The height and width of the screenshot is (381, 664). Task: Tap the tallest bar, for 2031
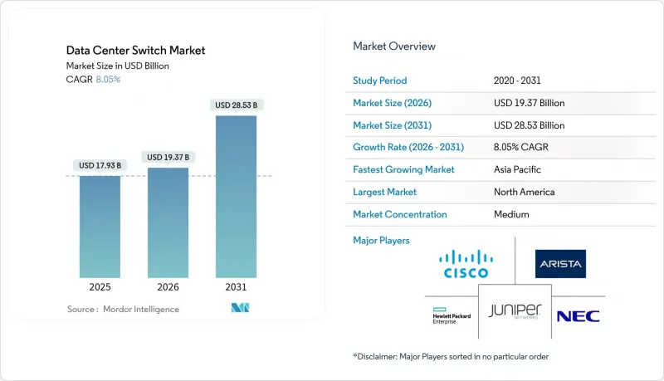(x=236, y=196)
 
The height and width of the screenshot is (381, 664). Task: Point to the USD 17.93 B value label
(x=100, y=165)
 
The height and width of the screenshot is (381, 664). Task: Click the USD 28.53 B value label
(x=236, y=105)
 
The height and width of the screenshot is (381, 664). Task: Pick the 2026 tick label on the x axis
(x=168, y=287)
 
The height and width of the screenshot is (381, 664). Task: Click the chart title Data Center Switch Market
(x=135, y=51)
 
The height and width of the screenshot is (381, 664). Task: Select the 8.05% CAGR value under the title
(x=108, y=80)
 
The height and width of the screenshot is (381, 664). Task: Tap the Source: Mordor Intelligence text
(x=123, y=310)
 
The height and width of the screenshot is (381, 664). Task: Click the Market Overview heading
(x=393, y=46)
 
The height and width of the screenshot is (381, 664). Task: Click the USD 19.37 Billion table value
(x=529, y=103)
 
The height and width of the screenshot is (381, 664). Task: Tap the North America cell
(x=524, y=192)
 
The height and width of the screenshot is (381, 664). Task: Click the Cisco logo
(x=464, y=264)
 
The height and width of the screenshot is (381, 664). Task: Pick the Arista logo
(x=560, y=264)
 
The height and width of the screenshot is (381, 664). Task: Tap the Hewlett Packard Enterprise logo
(x=450, y=316)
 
